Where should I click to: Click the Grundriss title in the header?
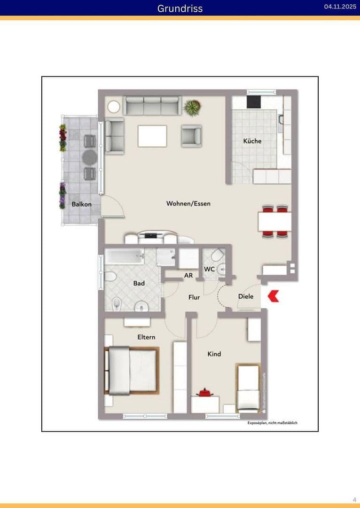coord(180,8)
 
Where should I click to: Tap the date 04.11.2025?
coord(340,7)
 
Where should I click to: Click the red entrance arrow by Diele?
coord(274,296)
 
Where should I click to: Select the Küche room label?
coord(252,141)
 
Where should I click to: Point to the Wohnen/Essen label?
coord(188,204)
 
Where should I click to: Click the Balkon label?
coord(81,205)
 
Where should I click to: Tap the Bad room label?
coord(139,284)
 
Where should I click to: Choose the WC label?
coord(209,269)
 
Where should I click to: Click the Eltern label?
coord(146,337)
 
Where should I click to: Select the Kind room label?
coord(214,354)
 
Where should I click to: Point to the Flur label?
coord(194,297)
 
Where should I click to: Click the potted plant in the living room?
coord(192,108)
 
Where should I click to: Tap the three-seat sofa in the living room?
coord(152,106)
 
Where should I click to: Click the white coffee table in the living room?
coord(152,136)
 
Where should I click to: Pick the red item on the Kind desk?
coord(205,392)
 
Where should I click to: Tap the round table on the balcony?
coord(89,157)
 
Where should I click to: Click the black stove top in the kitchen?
coord(254,102)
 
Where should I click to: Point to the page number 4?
coord(354,499)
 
